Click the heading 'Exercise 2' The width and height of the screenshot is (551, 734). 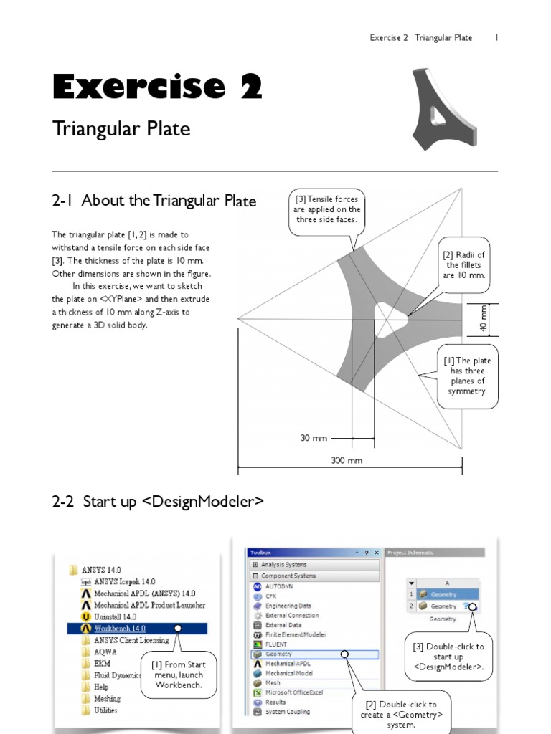(157, 87)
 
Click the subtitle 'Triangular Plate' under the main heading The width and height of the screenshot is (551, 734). (121, 129)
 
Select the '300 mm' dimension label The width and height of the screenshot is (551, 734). (347, 460)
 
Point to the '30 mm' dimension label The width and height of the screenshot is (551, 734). (314, 437)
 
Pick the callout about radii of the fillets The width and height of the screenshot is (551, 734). (464, 265)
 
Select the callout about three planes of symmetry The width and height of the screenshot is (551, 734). (466, 376)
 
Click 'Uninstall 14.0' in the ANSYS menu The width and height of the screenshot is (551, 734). (115, 616)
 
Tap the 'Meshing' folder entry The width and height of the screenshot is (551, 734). (107, 698)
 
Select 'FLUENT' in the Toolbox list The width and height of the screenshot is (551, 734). (276, 644)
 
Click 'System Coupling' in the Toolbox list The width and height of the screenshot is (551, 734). (288, 712)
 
